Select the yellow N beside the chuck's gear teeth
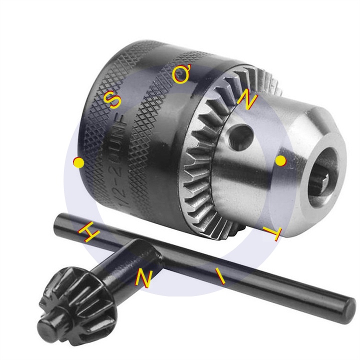247,100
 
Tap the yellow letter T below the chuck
273,234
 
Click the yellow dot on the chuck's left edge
78,162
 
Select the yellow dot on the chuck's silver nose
280,160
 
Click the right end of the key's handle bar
348,306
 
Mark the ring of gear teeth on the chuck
200,165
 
